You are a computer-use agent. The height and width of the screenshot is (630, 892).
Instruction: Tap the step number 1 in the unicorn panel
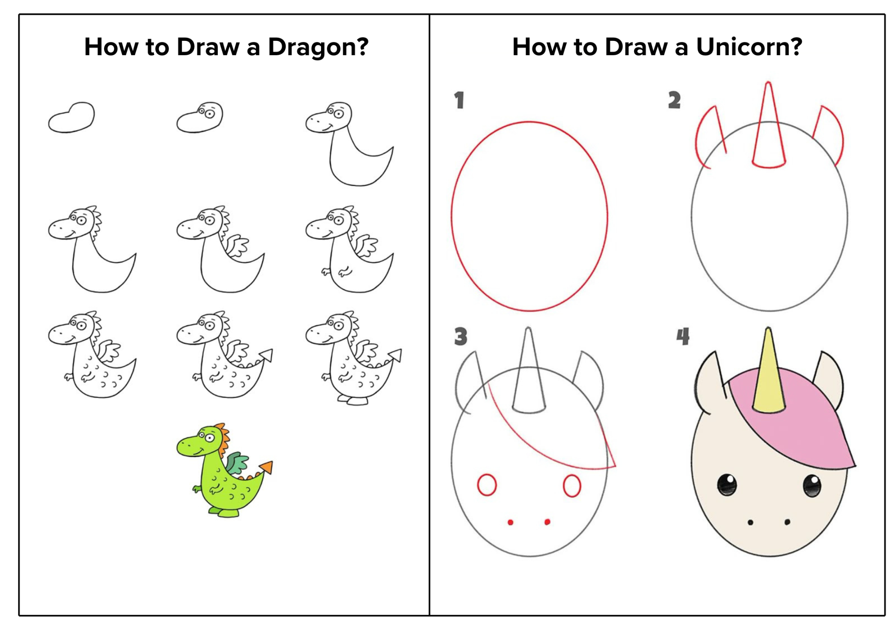(459, 100)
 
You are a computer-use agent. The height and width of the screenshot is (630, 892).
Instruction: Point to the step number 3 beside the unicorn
(460, 336)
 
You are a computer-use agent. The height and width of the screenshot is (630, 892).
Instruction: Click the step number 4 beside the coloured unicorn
(683, 336)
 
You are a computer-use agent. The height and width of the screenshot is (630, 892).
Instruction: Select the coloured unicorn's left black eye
(726, 485)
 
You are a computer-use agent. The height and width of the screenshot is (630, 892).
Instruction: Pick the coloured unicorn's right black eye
(811, 485)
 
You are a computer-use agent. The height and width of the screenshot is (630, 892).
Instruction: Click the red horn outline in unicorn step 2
(769, 126)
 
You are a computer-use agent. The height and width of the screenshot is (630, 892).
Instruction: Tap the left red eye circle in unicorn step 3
(487, 485)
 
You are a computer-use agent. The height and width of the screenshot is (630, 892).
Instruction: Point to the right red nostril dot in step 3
(547, 522)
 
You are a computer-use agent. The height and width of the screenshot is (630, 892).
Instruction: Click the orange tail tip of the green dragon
(266, 467)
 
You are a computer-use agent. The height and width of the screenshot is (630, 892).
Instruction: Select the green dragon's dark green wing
(237, 463)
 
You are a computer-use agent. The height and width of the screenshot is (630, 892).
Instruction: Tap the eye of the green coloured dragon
(209, 436)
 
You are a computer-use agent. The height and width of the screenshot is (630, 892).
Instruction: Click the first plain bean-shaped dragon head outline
(71, 117)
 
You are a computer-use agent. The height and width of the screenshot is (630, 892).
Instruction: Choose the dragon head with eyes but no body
(200, 117)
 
